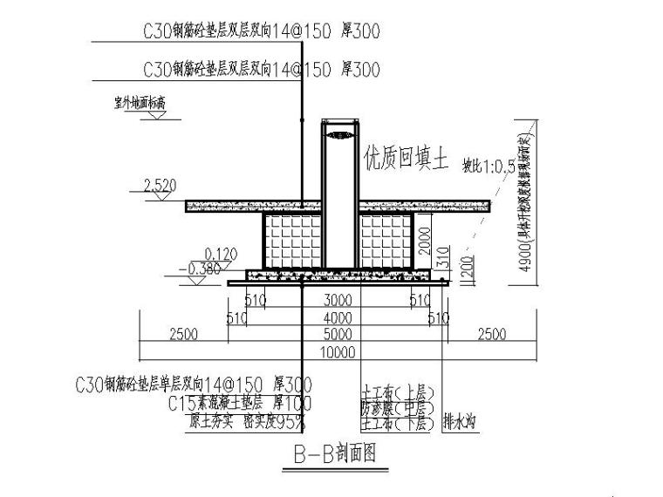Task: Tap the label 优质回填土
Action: (407, 160)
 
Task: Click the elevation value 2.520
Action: (159, 185)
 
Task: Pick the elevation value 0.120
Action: (222, 254)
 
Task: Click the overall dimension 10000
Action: (338, 352)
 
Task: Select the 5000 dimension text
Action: (338, 335)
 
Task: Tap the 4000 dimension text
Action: (338, 317)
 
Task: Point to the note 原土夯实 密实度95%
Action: (247, 421)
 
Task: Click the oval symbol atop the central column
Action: (339, 134)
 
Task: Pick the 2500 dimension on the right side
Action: (491, 335)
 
